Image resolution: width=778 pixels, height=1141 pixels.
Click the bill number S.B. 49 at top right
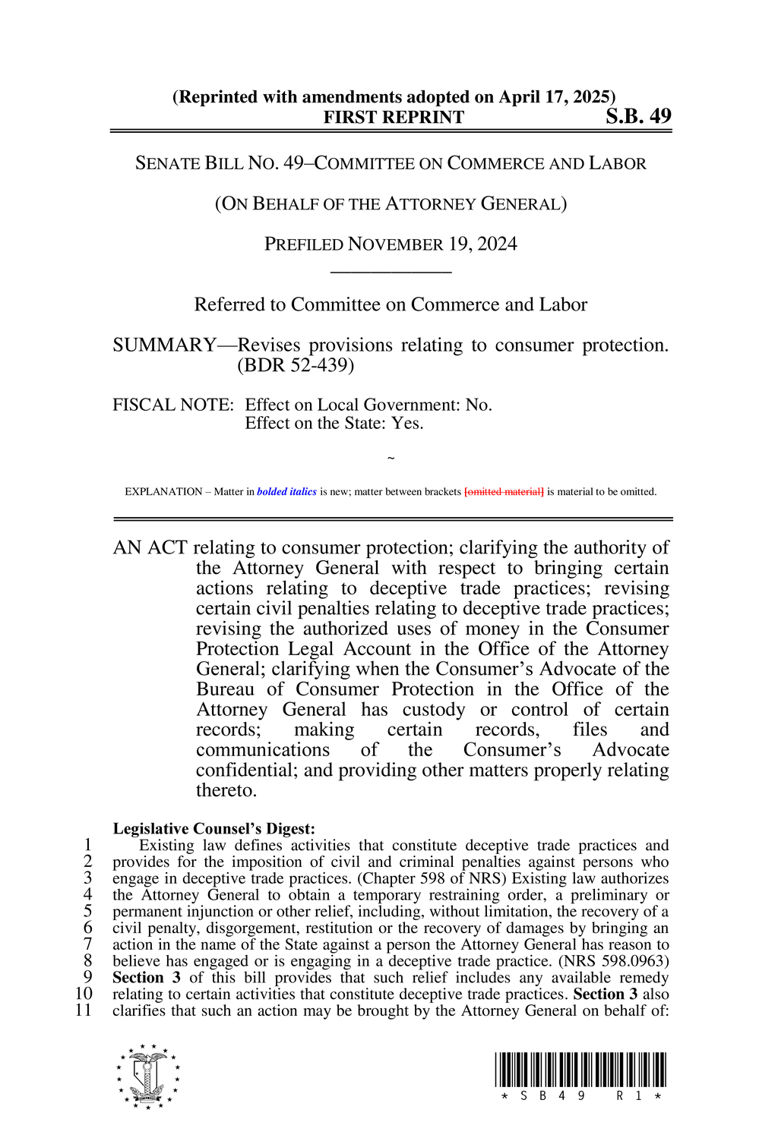point(638,116)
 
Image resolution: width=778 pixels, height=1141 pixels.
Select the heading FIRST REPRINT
point(394,118)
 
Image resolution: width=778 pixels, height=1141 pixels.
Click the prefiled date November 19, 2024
point(432,244)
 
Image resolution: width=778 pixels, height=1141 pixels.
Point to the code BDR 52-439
point(296,365)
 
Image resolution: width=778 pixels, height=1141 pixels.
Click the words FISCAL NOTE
point(172,405)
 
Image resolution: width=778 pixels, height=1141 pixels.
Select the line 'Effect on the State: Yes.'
point(334,424)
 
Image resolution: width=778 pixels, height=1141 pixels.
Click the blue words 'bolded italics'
point(286,492)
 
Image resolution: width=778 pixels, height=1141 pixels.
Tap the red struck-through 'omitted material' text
point(504,492)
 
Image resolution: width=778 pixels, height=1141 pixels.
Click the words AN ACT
point(150,548)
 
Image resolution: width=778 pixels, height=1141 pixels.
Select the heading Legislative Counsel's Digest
point(213,829)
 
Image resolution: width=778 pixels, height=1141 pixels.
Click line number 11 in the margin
point(84,1010)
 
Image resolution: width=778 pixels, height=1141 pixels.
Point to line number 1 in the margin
point(88,845)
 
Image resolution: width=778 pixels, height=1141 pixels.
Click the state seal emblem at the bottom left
point(148,1076)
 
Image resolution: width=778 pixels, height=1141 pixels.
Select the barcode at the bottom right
point(580,1070)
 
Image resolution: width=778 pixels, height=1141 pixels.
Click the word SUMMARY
point(164,345)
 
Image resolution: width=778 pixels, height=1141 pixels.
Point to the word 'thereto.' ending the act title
point(226,790)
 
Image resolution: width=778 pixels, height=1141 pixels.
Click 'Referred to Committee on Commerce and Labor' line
point(391,305)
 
